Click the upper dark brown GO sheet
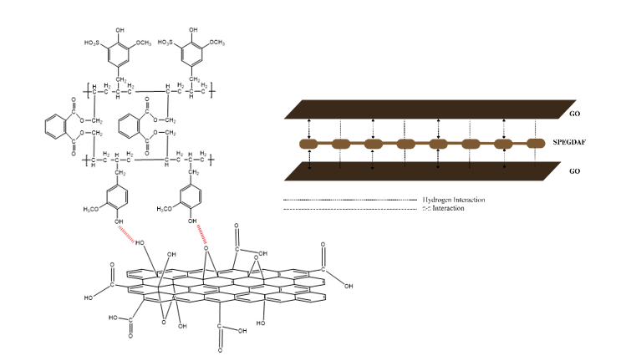pyautogui.click(x=418, y=108)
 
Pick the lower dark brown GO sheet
pyautogui.click(x=418, y=170)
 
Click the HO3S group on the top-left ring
pyautogui.click(x=94, y=39)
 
